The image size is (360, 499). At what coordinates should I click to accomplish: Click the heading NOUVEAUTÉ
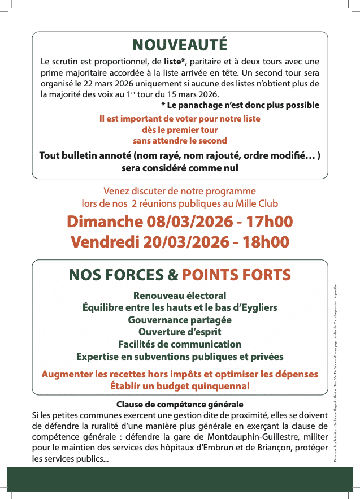[x=180, y=45]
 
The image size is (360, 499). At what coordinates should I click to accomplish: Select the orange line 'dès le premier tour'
[x=180, y=129]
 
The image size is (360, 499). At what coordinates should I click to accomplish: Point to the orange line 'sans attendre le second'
[x=180, y=140]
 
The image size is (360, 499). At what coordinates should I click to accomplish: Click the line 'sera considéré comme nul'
[x=180, y=168]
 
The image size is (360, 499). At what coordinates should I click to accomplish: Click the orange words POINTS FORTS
[x=236, y=275]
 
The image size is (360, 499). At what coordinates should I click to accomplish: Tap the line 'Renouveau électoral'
[x=180, y=296]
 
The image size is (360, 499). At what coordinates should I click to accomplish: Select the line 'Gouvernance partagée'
[x=180, y=319]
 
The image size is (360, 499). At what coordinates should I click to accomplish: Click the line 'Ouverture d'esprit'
[x=180, y=332]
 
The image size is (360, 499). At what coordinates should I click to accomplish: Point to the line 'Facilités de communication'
[x=180, y=344]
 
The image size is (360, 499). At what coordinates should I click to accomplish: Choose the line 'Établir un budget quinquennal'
[x=180, y=387]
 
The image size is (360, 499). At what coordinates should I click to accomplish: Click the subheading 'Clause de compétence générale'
[x=180, y=405]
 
